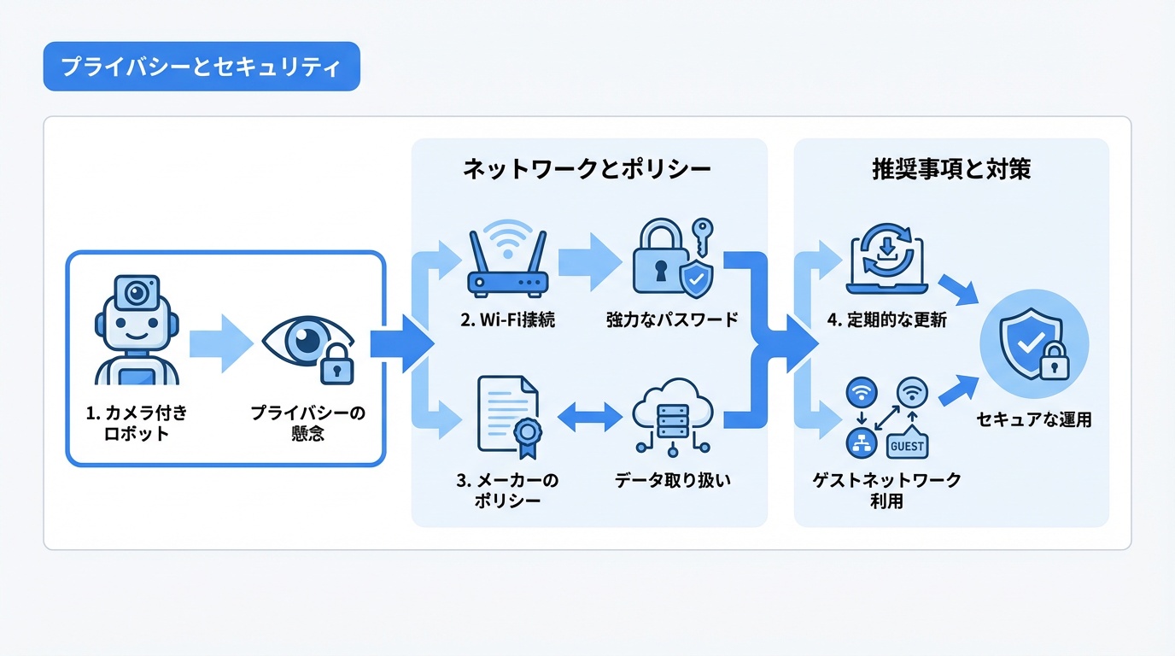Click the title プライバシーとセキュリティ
pos(201,67)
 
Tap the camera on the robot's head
pos(137,293)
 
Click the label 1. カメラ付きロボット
pos(137,423)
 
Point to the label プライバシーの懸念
pos(307,423)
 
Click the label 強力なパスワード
pos(672,320)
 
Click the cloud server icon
pos(673,415)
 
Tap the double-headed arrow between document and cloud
pos(589,417)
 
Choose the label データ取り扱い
pos(672,480)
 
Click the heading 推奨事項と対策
pos(950,169)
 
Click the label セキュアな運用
pos(1033,419)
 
